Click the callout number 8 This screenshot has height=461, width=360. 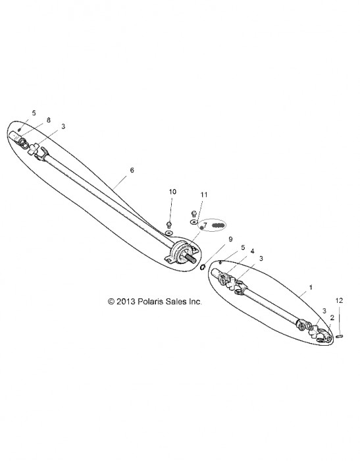coord(49,120)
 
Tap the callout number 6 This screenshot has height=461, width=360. coord(132,170)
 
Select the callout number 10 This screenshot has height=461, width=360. coord(172,192)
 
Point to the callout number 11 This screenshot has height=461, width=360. coord(204,195)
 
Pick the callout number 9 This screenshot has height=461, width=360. coord(230,239)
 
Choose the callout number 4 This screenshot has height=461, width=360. coord(252,251)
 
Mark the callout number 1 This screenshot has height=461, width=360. coord(311,287)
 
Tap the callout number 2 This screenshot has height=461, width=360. coord(332,317)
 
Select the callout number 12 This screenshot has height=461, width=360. coord(339,300)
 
